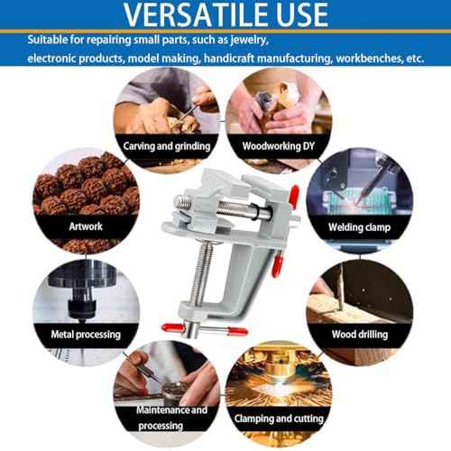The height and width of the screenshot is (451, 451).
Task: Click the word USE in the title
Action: pos(302,14)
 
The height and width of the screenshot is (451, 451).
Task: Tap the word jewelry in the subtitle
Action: pos(249,41)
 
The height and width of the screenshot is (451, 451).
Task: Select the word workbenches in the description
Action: pos(369,58)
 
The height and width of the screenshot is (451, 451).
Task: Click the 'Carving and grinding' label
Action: pos(167,146)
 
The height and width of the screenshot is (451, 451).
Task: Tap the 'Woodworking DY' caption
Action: pos(279,146)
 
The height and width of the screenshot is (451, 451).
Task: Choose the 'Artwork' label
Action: pos(86,226)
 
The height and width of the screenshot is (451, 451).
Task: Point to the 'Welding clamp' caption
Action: pos(360,227)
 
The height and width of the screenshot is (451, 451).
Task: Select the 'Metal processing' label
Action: pos(86,335)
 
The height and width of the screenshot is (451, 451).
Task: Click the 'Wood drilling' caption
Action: pos(360,335)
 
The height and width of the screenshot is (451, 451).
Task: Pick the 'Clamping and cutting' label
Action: pos(279,419)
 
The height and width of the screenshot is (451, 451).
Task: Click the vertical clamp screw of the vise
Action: pos(201,273)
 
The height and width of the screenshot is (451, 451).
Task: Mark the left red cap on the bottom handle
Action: pos(172,327)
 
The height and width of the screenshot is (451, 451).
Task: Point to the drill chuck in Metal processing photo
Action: pos(82,307)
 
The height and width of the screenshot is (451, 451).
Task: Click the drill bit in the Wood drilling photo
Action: pos(341,287)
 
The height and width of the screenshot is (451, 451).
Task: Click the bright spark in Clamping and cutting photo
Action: pos(279,384)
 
